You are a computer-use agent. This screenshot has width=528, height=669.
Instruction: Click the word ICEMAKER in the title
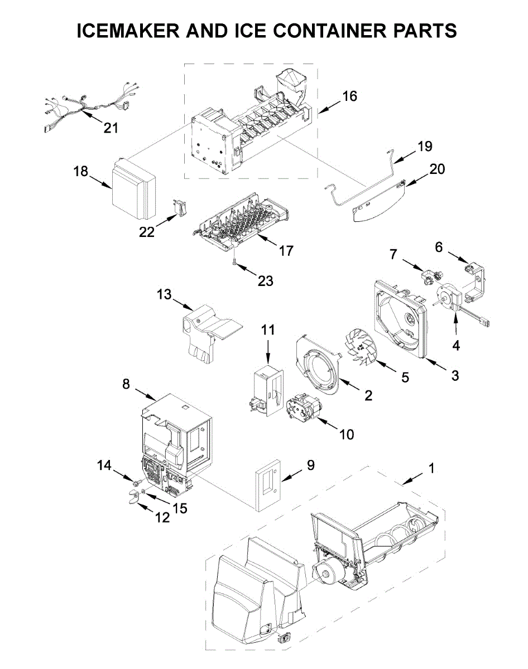tap(128, 31)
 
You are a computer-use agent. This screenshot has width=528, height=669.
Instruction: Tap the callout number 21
tap(111, 128)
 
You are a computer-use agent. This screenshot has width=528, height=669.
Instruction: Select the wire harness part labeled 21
tap(90, 106)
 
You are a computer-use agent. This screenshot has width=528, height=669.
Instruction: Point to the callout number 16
tap(349, 96)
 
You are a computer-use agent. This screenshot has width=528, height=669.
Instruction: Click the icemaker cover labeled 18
tap(133, 188)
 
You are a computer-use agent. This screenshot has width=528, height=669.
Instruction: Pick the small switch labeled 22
tap(179, 207)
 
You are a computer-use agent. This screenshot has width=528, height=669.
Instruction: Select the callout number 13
tap(164, 294)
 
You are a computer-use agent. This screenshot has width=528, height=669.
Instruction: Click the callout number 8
tap(126, 384)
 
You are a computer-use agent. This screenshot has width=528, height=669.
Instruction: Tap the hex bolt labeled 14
tap(137, 483)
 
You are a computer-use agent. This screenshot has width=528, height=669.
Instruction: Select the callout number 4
tap(456, 346)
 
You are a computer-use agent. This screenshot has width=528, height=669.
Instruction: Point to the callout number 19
tap(425, 146)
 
